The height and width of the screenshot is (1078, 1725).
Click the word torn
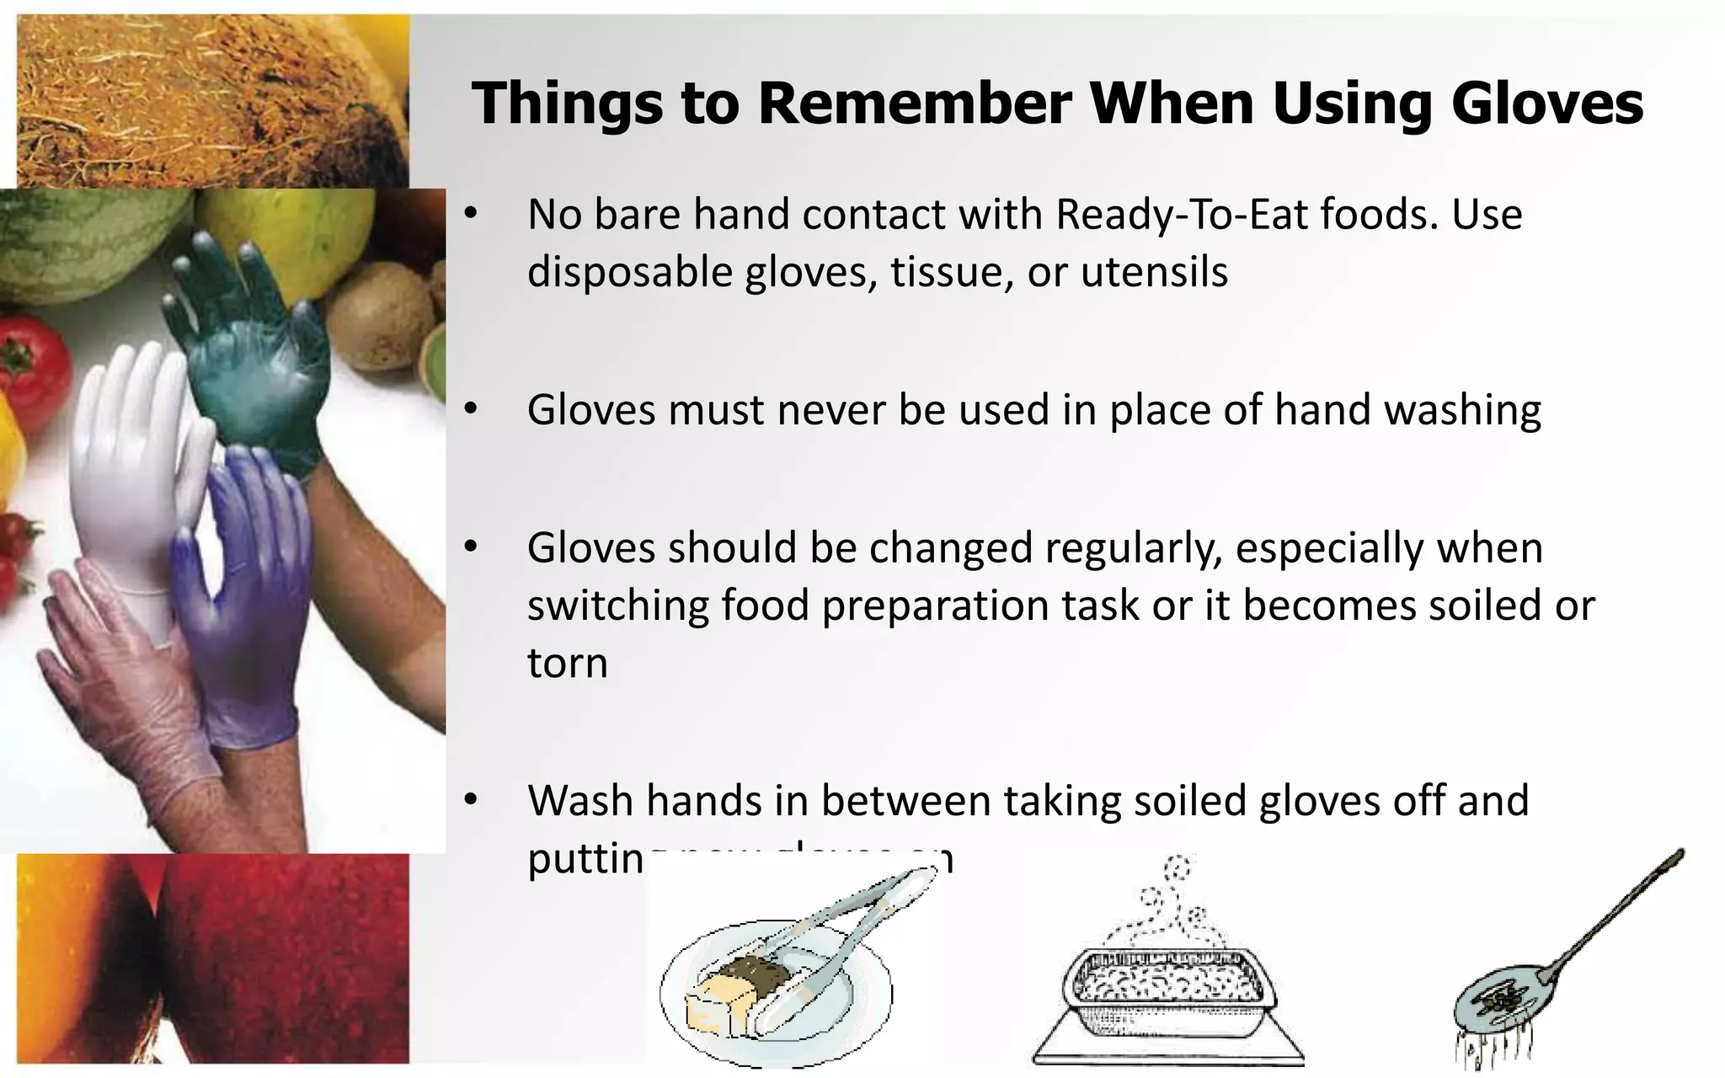click(568, 663)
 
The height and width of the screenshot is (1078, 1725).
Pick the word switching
click(618, 606)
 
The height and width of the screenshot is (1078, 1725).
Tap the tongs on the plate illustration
click(842, 943)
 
